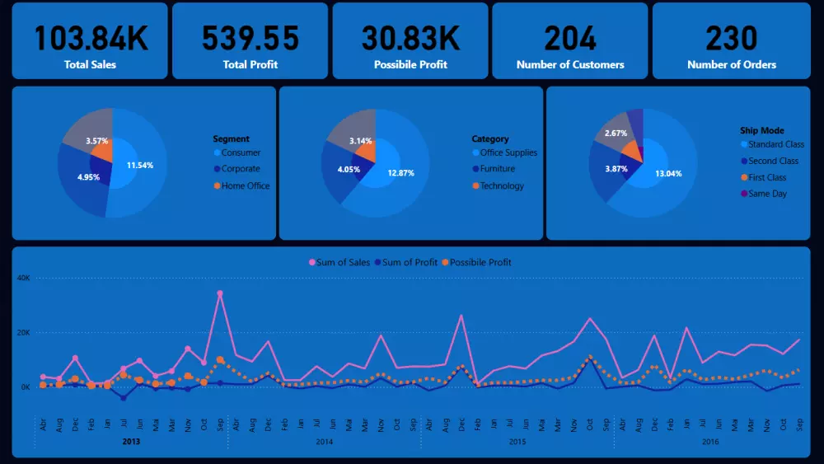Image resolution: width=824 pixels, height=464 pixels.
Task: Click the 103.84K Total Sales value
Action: pyautogui.click(x=90, y=38)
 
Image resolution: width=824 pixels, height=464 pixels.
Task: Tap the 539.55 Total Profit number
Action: pyautogui.click(x=250, y=38)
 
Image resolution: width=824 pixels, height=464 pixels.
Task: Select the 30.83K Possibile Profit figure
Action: pyautogui.click(x=410, y=38)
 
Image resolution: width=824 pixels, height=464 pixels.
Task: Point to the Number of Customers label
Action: pyautogui.click(x=570, y=64)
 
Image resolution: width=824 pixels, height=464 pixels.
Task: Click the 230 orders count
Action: pyautogui.click(x=732, y=38)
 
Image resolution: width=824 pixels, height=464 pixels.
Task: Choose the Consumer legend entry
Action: pyautogui.click(x=241, y=152)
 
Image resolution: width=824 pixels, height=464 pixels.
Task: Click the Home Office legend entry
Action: pyautogui.click(x=246, y=185)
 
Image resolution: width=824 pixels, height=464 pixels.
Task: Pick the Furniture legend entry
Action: pyautogui.click(x=497, y=169)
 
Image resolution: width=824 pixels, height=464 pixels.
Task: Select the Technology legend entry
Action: pyautogui.click(x=502, y=185)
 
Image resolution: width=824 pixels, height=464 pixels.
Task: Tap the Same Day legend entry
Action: pyautogui.click(x=767, y=194)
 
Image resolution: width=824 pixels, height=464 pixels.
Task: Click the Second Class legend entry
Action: pyautogui.click(x=773, y=161)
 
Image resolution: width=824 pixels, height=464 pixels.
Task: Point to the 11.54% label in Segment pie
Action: pyautogui.click(x=140, y=166)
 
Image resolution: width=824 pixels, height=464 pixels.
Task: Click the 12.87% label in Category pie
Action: pyautogui.click(x=401, y=173)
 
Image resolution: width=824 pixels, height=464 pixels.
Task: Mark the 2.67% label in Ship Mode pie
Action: pyautogui.click(x=616, y=133)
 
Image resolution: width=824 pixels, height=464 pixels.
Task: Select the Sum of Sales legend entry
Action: pyautogui.click(x=343, y=262)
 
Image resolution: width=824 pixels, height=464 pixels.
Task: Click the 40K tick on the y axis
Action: pyautogui.click(x=23, y=278)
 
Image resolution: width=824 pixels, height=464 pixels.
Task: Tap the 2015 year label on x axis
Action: pyautogui.click(x=517, y=442)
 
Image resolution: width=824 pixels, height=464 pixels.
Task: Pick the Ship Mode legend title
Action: pyautogui.click(x=762, y=130)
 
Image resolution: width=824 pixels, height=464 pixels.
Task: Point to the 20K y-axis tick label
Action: pyautogui.click(x=23, y=332)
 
